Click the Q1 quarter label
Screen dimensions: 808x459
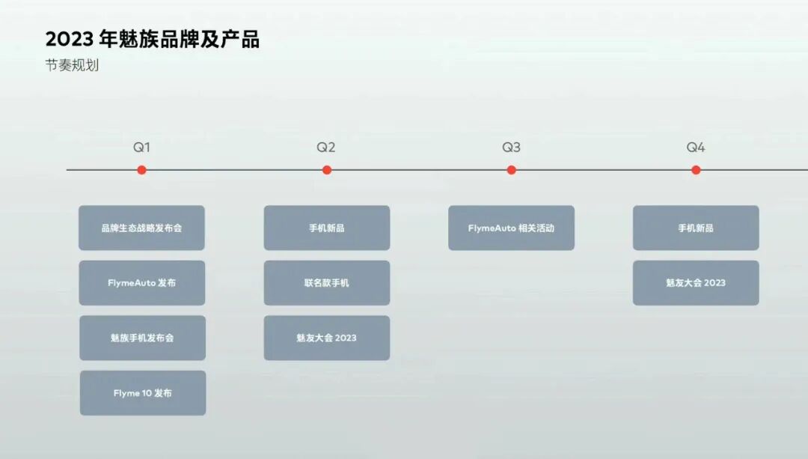click(x=141, y=148)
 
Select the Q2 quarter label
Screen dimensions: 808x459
click(x=326, y=148)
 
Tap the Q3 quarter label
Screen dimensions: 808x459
click(x=511, y=148)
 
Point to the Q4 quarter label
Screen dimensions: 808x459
click(x=696, y=148)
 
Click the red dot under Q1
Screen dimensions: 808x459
click(x=141, y=170)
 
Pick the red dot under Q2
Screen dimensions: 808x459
click(x=326, y=170)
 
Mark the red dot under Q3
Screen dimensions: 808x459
click(x=511, y=170)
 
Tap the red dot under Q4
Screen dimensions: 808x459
click(x=696, y=170)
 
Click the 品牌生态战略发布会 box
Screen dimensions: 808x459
click(x=141, y=228)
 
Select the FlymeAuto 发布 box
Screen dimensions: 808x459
click(x=141, y=283)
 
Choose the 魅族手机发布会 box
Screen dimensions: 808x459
click(x=142, y=338)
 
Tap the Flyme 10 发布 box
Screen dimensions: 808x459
click(x=143, y=393)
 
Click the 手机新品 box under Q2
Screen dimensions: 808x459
click(x=326, y=228)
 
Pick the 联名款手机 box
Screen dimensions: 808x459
click(x=326, y=283)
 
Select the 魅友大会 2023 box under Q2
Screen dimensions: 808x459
click(x=326, y=338)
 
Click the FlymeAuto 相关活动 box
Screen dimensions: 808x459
click(x=511, y=228)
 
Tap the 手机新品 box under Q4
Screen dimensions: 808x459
click(x=696, y=228)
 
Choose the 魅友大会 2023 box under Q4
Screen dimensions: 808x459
click(x=696, y=283)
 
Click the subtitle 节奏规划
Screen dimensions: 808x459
click(x=72, y=65)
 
